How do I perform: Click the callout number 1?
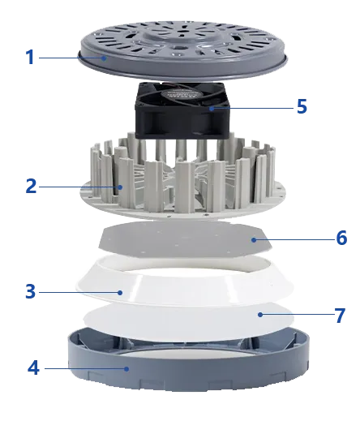click(x=30, y=58)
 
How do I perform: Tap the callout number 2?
click(x=31, y=186)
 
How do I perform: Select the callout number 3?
click(x=31, y=291)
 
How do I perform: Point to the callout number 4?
click(x=33, y=368)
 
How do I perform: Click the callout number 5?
click(x=302, y=106)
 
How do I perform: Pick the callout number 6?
click(x=341, y=238)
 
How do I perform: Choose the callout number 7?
click(x=340, y=316)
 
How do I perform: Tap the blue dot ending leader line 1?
click(x=104, y=58)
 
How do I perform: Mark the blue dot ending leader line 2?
click(x=120, y=187)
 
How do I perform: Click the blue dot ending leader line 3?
click(x=120, y=292)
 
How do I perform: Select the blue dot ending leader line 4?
click(x=126, y=368)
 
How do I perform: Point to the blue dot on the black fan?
click(x=212, y=109)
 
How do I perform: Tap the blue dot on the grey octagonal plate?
click(x=254, y=240)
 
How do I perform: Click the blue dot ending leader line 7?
click(x=259, y=315)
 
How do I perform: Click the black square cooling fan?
click(x=182, y=110)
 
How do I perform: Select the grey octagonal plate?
click(x=185, y=239)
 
